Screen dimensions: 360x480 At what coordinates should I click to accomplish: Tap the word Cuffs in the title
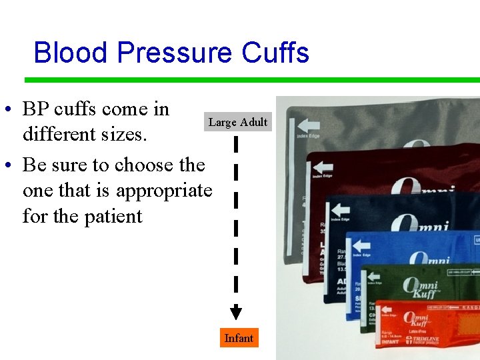(x=275, y=52)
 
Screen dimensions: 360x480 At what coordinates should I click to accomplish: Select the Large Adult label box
(x=238, y=122)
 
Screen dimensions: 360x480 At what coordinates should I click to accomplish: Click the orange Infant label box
(x=239, y=338)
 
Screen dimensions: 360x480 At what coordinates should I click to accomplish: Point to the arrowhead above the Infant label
(x=235, y=312)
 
